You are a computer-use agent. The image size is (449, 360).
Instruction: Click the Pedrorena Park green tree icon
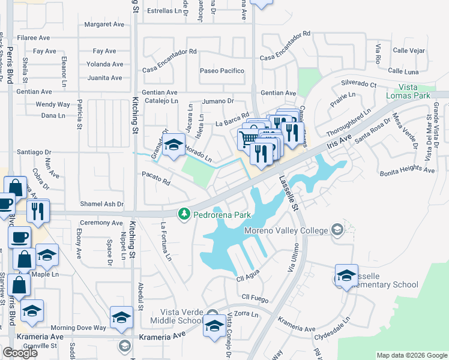coord(184,214)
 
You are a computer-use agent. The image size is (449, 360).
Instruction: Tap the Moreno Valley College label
coord(286,230)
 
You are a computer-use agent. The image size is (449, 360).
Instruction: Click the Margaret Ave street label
coord(104,25)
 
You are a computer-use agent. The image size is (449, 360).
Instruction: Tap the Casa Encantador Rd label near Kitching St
coord(169,52)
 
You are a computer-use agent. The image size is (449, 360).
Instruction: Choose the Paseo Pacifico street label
coord(222,71)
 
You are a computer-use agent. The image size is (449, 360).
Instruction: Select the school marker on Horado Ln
coord(174,144)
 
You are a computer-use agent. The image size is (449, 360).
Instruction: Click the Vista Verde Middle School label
coord(181,316)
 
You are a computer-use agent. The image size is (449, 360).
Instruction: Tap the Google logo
coord(20,352)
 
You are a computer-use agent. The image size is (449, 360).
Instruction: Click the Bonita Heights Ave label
coord(406,170)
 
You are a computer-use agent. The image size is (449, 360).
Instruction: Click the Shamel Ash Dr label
coord(102,204)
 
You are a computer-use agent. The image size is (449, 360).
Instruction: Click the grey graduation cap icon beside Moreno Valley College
coord(337,230)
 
